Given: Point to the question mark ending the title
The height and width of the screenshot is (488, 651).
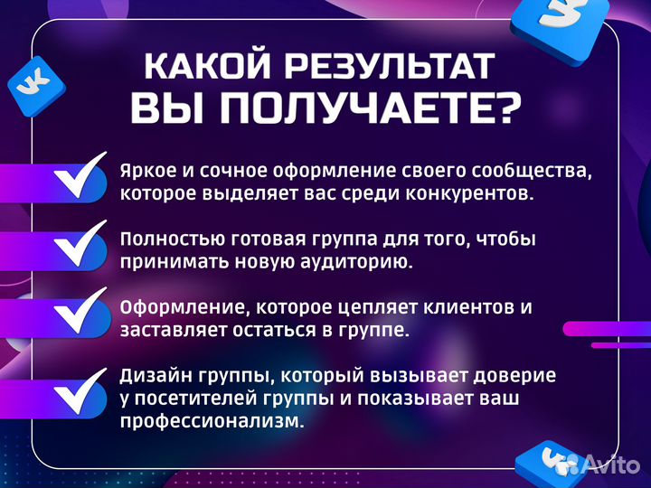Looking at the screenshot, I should click(507, 109).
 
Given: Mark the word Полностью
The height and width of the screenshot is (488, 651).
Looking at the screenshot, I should click(165, 239).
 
